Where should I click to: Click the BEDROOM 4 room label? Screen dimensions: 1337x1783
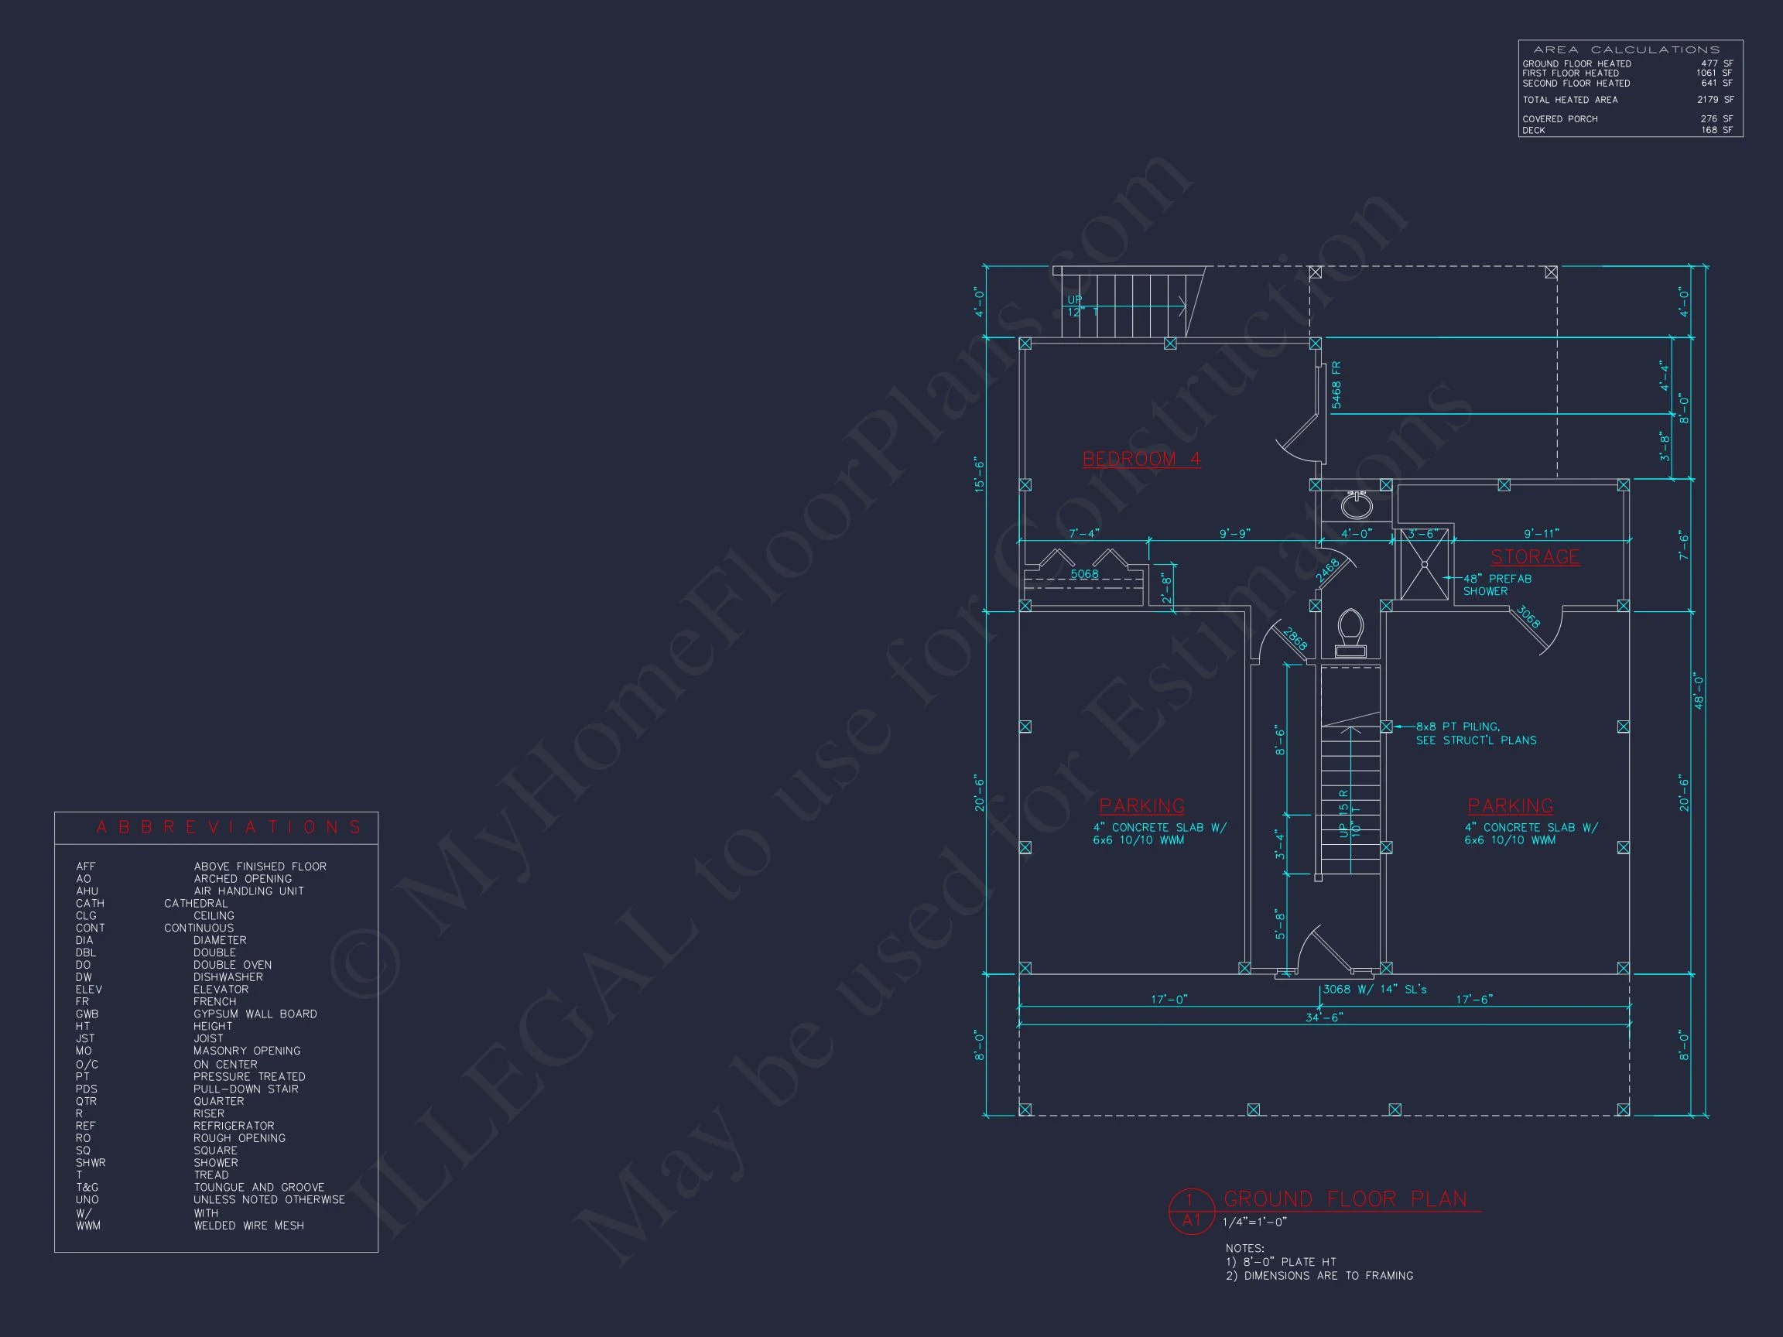[1141, 460]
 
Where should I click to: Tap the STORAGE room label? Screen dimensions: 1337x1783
[1534, 557]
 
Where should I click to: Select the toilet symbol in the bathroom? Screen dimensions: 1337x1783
[1350, 633]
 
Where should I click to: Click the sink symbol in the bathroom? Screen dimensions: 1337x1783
[1357, 505]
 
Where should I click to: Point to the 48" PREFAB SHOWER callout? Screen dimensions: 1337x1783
[1497, 585]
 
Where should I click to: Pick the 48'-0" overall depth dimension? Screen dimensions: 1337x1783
[1699, 691]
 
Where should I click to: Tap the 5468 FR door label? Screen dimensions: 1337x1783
[1336, 385]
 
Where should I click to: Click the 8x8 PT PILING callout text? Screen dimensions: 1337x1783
[1475, 733]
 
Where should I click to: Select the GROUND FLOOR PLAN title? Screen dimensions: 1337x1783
[1345, 1199]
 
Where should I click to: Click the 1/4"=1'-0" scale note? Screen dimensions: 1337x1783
[1254, 1222]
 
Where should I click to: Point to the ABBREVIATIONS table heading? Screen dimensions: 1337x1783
[229, 828]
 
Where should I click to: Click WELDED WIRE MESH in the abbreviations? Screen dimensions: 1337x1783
[248, 1226]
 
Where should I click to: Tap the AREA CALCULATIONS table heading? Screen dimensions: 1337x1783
[1626, 50]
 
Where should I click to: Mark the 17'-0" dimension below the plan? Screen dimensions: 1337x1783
[1169, 1000]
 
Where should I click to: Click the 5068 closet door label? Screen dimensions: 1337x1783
[1084, 575]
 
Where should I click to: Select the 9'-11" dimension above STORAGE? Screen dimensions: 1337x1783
[1542, 534]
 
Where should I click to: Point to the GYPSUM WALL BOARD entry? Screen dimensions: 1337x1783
[255, 1014]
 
